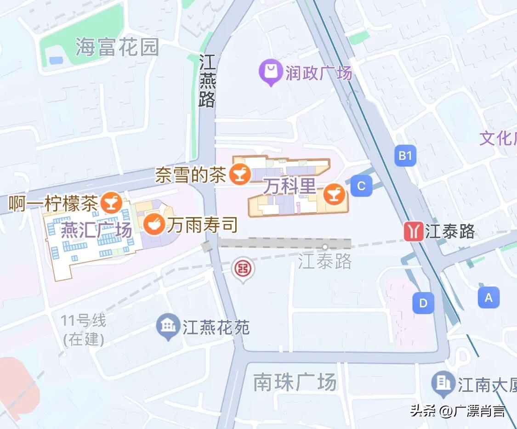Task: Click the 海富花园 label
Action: click(x=117, y=47)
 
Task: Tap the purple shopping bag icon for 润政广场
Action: click(x=270, y=73)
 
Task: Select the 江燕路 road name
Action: click(x=207, y=81)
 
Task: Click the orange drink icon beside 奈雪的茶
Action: click(x=239, y=174)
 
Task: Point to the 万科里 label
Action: click(x=290, y=186)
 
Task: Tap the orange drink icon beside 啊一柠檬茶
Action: click(x=111, y=202)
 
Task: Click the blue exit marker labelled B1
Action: click(x=405, y=156)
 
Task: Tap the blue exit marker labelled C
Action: click(x=361, y=186)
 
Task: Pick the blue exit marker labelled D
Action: click(x=423, y=303)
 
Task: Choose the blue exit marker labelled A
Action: click(x=489, y=297)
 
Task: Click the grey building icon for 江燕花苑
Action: click(x=169, y=326)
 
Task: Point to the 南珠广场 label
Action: click(x=295, y=382)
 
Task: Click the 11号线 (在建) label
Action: click(x=84, y=330)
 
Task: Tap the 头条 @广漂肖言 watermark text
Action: click(x=458, y=410)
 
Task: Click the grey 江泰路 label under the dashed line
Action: click(x=324, y=261)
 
